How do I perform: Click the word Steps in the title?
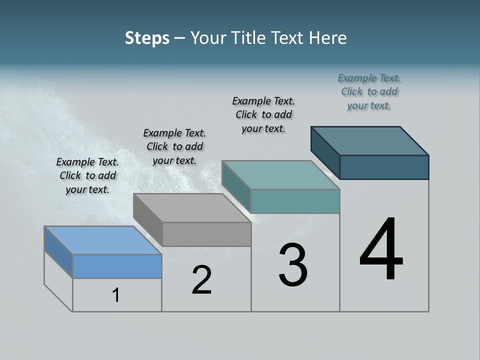click(147, 38)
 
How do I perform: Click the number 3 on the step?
click(293, 265)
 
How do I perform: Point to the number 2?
click(202, 280)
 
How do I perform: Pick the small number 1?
click(116, 295)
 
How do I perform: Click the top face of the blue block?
click(102, 240)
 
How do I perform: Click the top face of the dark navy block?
click(370, 141)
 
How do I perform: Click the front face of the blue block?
click(117, 266)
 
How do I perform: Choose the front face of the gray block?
click(206, 234)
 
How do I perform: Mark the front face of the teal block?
click(295, 201)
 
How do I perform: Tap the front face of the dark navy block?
click(384, 167)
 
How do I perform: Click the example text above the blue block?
click(87, 175)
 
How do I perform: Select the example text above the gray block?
click(174, 146)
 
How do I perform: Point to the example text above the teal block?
click(263, 114)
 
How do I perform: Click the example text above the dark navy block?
click(369, 91)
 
